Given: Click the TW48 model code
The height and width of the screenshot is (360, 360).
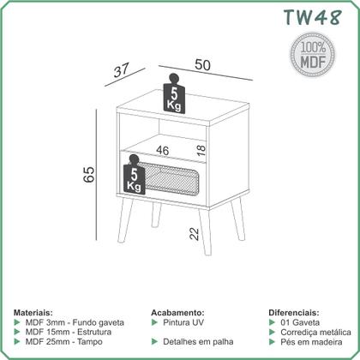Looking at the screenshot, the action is click(x=313, y=17).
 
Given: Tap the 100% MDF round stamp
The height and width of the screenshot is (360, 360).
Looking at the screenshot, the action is click(x=313, y=55).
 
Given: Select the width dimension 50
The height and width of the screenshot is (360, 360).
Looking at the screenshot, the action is click(x=202, y=65).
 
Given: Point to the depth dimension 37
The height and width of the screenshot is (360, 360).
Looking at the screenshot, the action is click(x=122, y=70).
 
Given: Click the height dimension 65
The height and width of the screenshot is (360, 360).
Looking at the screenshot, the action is click(x=89, y=174).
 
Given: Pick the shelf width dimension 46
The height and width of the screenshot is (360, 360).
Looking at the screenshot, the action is click(x=163, y=151).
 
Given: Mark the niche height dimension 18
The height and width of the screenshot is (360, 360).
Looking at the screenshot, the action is click(x=201, y=150).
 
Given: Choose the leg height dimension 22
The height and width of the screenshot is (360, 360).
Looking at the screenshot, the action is click(x=194, y=234).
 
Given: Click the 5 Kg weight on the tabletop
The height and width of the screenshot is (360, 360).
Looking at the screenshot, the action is click(x=174, y=93).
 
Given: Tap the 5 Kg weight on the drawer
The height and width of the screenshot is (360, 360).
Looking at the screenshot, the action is click(x=134, y=175).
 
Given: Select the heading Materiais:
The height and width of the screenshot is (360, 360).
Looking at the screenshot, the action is click(x=33, y=312).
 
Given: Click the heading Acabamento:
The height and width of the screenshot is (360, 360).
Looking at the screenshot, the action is click(x=177, y=312).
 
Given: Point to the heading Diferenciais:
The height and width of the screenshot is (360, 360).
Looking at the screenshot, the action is click(x=294, y=312).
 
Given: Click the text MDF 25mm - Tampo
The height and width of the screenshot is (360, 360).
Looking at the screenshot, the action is click(x=64, y=342).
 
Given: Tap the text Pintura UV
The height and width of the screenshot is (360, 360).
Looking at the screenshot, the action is click(x=183, y=322).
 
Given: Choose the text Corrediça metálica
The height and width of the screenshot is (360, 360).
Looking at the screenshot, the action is click(x=315, y=333).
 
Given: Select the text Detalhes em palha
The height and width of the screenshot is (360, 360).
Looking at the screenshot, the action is click(x=198, y=342).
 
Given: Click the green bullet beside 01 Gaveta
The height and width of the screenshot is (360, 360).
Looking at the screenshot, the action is click(x=272, y=322).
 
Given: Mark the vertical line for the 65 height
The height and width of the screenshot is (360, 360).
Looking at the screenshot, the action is click(x=97, y=175).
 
